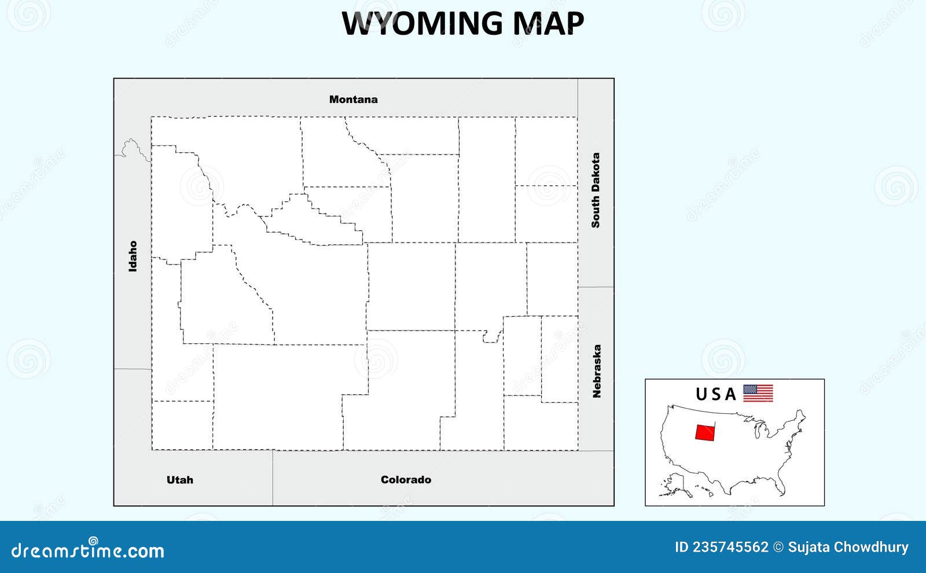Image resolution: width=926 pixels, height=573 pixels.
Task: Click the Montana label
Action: [353, 100]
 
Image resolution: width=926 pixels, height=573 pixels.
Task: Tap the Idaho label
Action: [133, 256]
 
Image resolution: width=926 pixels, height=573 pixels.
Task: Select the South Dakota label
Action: [596, 190]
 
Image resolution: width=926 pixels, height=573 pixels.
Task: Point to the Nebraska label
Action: [597, 371]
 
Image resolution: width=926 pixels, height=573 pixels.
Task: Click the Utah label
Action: [179, 480]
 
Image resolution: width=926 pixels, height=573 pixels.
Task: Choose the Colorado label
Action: [406, 480]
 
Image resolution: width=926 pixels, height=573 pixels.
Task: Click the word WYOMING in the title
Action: [422, 24]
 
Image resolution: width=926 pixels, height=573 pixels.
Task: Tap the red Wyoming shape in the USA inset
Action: [705, 432]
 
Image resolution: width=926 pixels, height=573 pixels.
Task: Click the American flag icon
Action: [758, 394]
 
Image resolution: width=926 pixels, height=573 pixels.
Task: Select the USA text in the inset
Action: [715, 394]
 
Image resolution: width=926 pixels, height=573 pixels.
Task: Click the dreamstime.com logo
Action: [87, 550]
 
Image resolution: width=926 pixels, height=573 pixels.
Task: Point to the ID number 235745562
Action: [721, 547]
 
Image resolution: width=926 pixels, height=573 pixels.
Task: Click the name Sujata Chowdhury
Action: [848, 547]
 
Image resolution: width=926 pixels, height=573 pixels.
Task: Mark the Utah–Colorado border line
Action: [273, 477]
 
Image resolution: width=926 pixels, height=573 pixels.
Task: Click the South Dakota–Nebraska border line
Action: [596, 287]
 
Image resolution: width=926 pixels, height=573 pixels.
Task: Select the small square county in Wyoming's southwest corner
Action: [182, 425]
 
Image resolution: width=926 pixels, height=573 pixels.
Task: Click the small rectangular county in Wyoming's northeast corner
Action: [546, 151]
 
